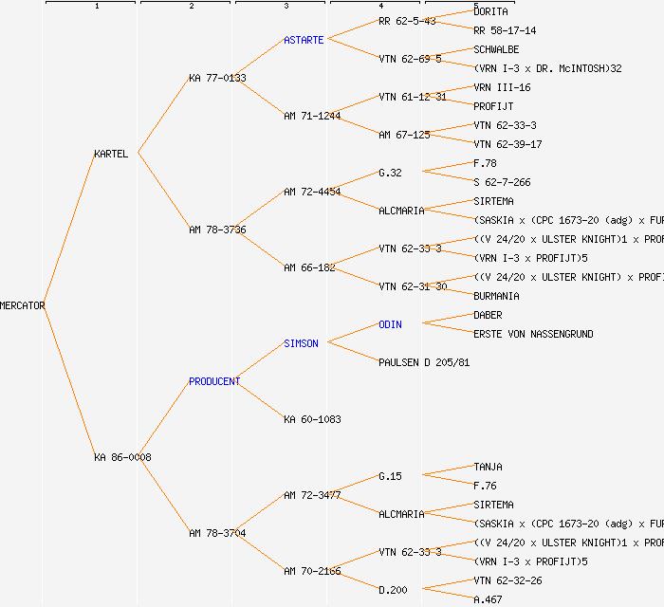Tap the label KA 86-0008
click(x=122, y=457)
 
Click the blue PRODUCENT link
click(x=214, y=381)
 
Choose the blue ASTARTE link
click(x=304, y=40)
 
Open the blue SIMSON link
click(x=301, y=343)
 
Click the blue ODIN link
click(x=390, y=324)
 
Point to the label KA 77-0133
click(x=217, y=78)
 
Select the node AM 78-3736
click(x=217, y=230)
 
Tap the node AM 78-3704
click(x=217, y=533)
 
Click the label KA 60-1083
click(x=312, y=419)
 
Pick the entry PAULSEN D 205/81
click(x=424, y=362)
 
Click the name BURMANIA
click(x=496, y=296)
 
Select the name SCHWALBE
click(x=496, y=49)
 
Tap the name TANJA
click(x=488, y=467)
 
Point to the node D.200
click(x=393, y=590)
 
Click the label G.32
click(x=390, y=173)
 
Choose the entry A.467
click(x=488, y=599)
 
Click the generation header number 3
click(x=286, y=7)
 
